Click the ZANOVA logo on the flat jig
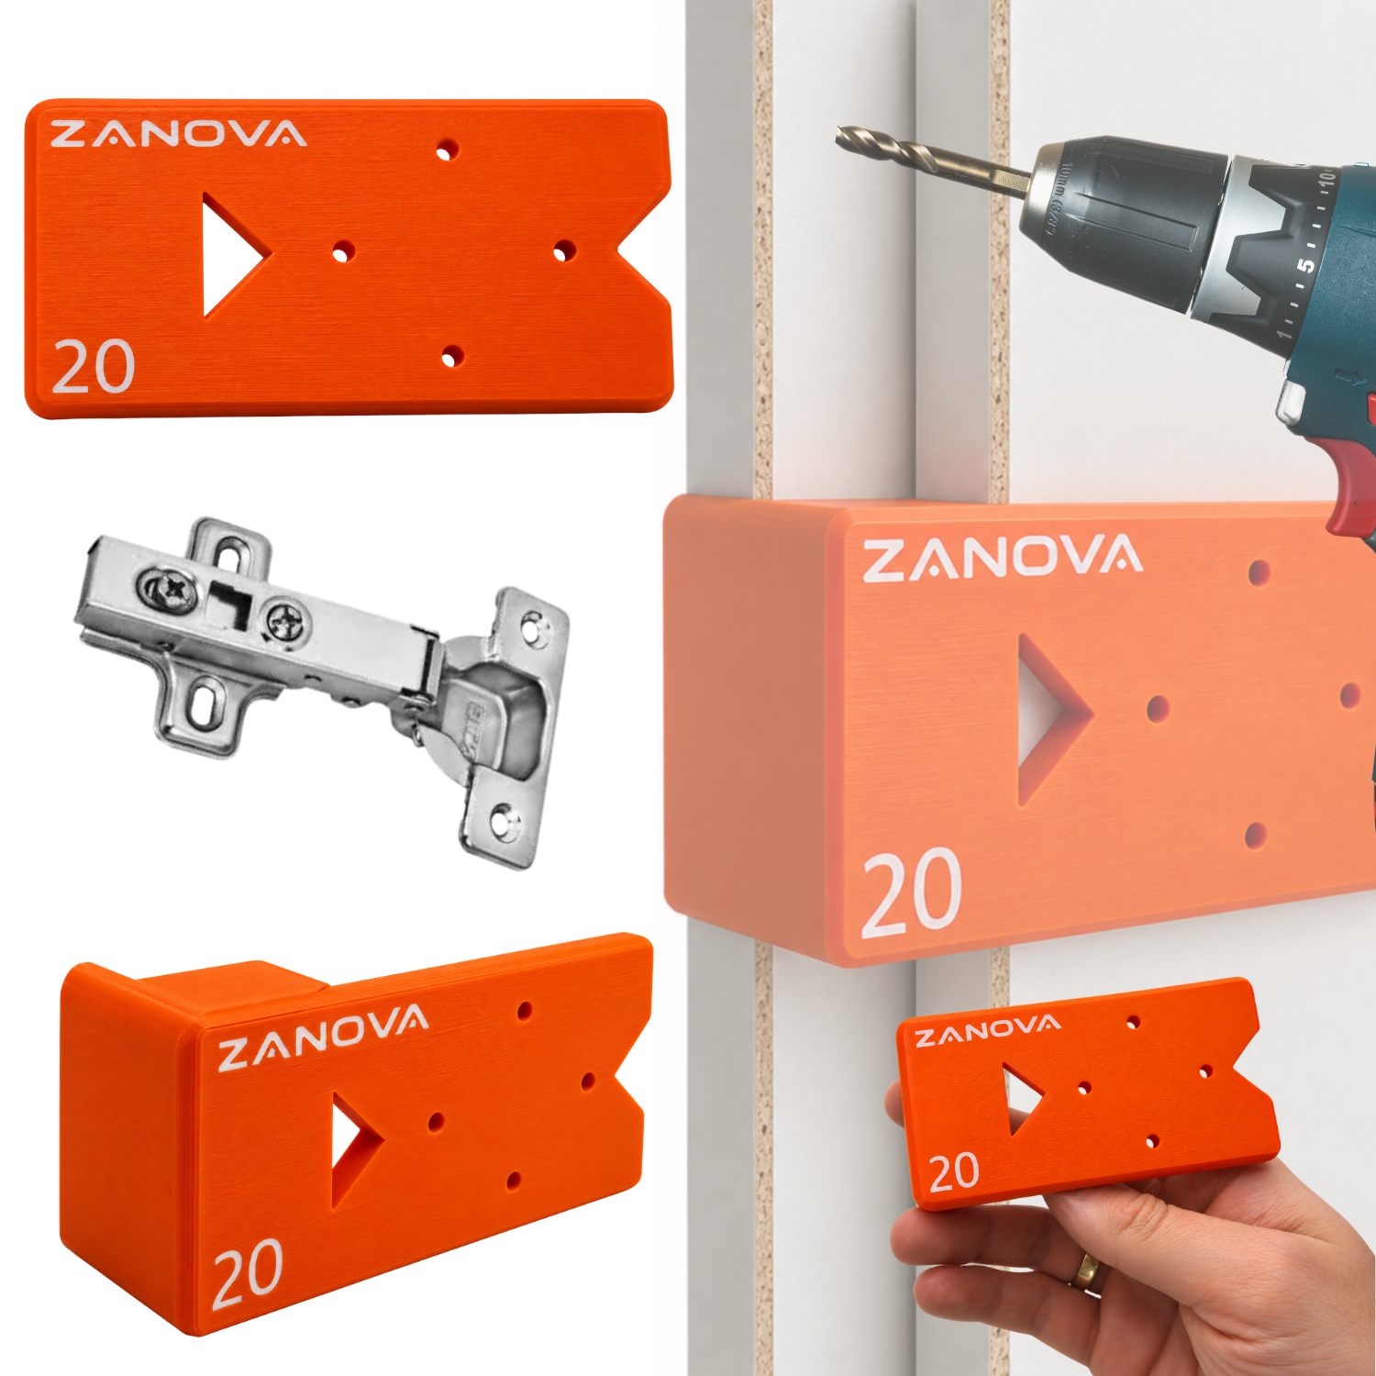178,134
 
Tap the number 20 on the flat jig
94,367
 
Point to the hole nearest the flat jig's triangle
343,250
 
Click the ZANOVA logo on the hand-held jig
988,1030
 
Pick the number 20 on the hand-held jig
954,1172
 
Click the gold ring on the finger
1087,1270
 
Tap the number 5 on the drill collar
1304,266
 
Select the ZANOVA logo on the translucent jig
1003,559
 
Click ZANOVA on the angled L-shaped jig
323,1038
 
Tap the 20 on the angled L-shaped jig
248,1273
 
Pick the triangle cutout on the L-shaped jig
352,1147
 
